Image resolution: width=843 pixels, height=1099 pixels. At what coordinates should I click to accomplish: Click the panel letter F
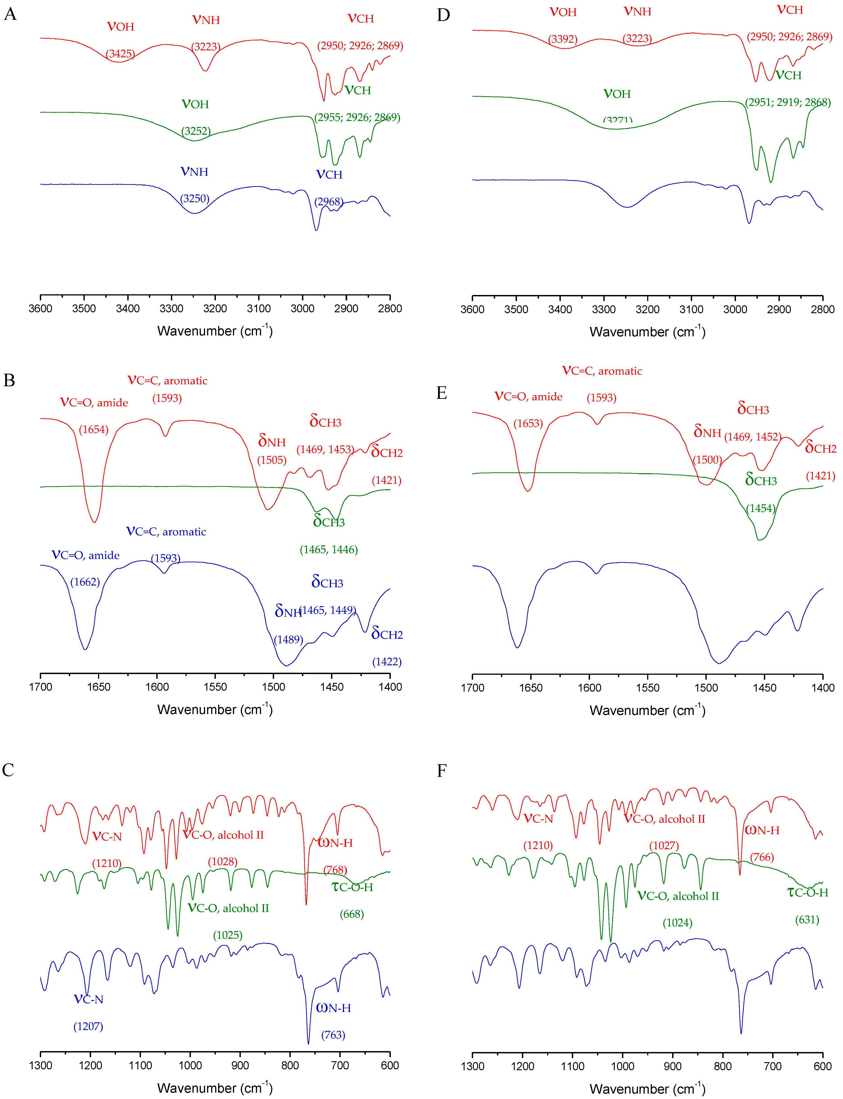(442, 771)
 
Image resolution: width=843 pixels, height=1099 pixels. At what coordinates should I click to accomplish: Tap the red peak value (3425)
(121, 54)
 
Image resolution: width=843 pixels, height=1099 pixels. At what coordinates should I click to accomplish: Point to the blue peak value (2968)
(329, 202)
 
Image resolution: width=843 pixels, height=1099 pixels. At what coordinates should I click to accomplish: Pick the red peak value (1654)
(94, 429)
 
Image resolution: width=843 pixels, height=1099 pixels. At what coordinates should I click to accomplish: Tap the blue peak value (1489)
(288, 639)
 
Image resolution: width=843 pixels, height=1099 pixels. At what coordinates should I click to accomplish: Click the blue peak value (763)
(333, 1035)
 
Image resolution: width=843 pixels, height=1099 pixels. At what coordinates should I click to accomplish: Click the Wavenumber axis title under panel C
(215, 1088)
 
